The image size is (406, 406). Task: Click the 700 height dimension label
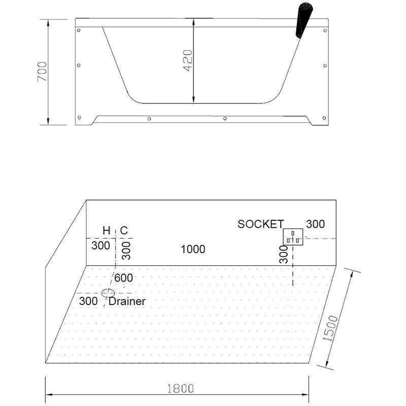pos(42,72)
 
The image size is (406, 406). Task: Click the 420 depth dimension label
pos(188,60)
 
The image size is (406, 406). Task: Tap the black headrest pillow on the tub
pos(304,19)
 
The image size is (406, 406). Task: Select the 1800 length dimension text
pos(180,389)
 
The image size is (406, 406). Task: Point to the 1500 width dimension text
pos(330,328)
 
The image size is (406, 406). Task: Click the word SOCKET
pos(261,224)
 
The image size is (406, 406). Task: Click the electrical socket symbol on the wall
pos(293,236)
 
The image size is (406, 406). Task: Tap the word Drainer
pos(127,301)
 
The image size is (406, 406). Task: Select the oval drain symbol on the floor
pos(108,293)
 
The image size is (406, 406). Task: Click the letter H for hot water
pos(107,230)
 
